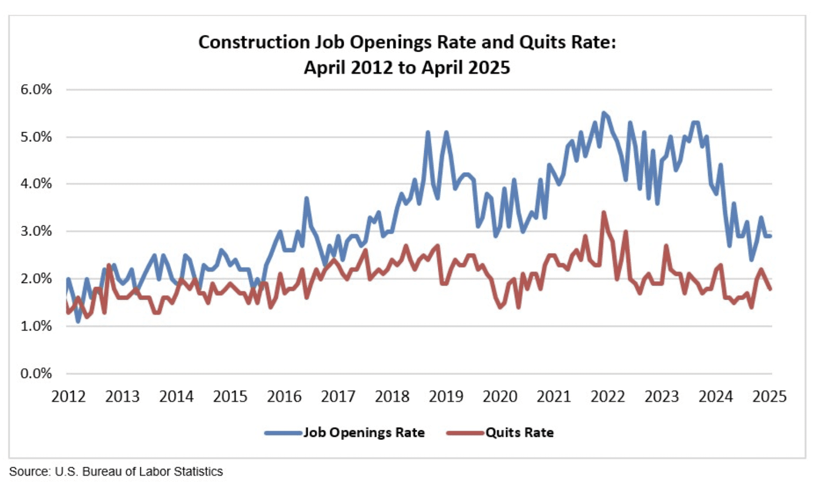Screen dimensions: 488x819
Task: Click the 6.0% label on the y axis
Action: click(36, 90)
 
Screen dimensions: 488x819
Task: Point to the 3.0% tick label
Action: click(36, 231)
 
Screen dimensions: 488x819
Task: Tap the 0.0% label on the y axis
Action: click(36, 374)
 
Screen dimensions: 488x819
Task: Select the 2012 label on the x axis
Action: click(68, 396)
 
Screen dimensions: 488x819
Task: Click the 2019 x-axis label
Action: click(446, 396)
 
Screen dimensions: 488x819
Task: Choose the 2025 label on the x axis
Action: click(769, 396)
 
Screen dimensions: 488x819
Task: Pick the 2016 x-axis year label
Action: click(284, 396)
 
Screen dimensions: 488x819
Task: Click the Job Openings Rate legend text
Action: click(363, 433)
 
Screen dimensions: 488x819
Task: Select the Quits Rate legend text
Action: click(519, 433)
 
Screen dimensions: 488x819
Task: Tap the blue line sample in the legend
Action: click(283, 433)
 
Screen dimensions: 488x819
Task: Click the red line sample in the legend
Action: click(465, 433)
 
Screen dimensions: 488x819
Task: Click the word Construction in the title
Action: click(254, 42)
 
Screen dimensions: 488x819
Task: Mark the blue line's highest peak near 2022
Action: click(603, 113)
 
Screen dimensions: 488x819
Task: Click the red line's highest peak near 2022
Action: click(603, 213)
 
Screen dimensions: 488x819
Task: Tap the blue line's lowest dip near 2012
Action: click(78, 321)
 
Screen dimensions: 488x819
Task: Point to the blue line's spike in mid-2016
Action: click(306, 198)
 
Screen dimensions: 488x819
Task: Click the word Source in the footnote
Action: click(29, 472)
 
